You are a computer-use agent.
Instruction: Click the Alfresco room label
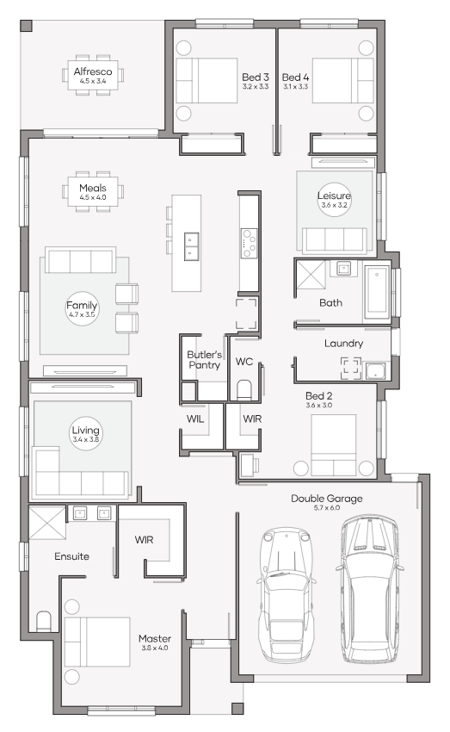(x=93, y=71)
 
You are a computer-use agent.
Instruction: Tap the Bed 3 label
(x=255, y=77)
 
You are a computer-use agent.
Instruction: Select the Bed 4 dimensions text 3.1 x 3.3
(x=295, y=87)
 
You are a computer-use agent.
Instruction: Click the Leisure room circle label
(x=334, y=199)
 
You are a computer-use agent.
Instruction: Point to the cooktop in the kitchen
(x=249, y=243)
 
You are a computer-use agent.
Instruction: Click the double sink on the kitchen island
(x=191, y=246)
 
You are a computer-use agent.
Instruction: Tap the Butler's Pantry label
(x=204, y=360)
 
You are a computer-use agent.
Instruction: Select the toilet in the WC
(x=243, y=390)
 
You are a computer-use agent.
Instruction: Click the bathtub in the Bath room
(x=376, y=290)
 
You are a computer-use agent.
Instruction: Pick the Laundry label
(x=343, y=343)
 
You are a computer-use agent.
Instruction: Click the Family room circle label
(x=82, y=308)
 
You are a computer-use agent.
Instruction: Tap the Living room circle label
(x=85, y=434)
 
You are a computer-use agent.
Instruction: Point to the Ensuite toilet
(x=43, y=622)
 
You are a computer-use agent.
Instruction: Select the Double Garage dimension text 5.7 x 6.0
(x=326, y=508)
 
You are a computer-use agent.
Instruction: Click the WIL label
(x=195, y=419)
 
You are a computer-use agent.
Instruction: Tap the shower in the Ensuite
(x=47, y=523)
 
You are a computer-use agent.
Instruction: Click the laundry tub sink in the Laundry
(x=375, y=370)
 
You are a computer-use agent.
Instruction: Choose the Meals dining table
(x=93, y=192)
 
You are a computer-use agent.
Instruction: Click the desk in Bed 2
(x=246, y=464)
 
